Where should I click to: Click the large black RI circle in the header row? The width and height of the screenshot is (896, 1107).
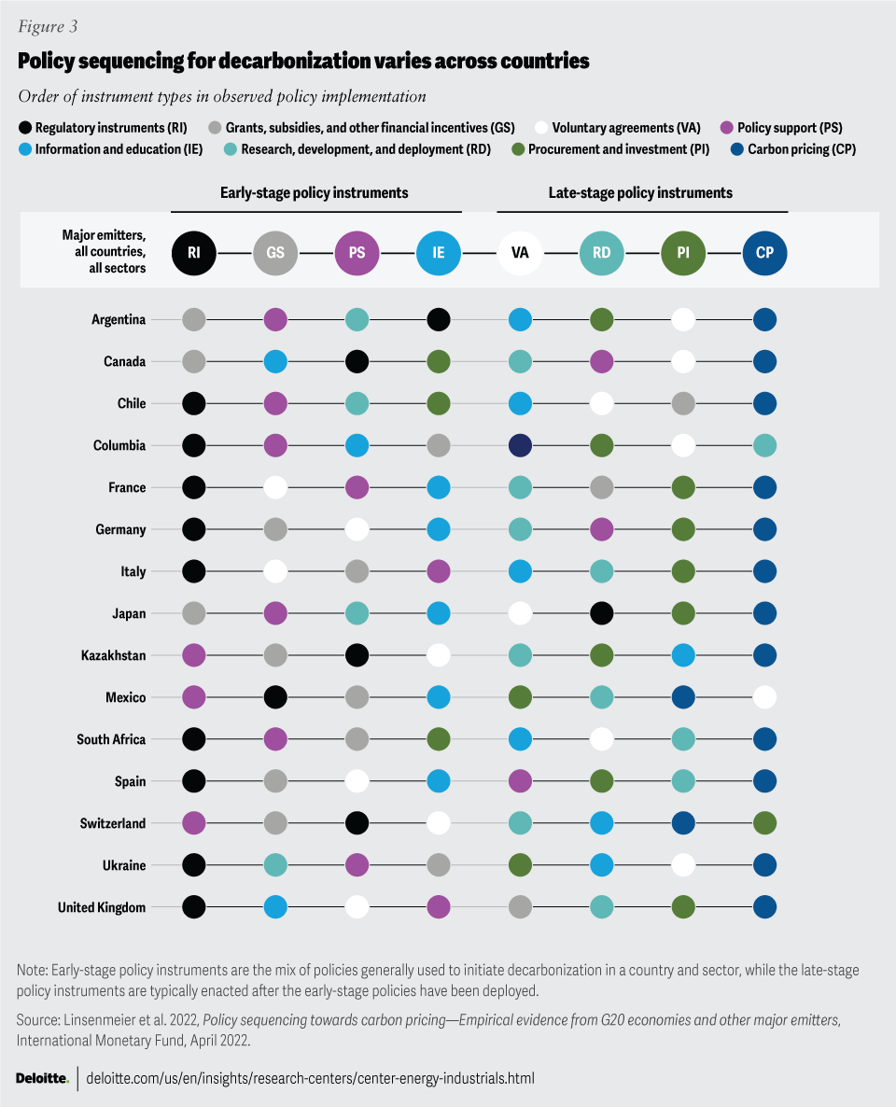pyautogui.click(x=194, y=251)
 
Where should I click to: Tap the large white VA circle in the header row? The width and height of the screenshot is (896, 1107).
pyautogui.click(x=520, y=251)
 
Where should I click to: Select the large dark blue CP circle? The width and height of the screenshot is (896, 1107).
pyautogui.click(x=764, y=251)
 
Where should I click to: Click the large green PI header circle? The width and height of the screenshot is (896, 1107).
pyautogui.click(x=683, y=251)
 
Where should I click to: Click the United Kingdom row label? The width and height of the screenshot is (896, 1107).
pyautogui.click(x=102, y=907)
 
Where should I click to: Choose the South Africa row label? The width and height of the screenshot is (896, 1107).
pyautogui.click(x=111, y=739)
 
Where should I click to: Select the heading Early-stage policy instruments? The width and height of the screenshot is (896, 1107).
pyautogui.click(x=314, y=193)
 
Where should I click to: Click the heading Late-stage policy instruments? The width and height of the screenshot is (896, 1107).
pyautogui.click(x=639, y=193)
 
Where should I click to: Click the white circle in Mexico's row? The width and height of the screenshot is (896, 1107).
pyautogui.click(x=764, y=697)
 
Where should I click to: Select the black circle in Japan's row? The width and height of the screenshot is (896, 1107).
pyautogui.click(x=602, y=613)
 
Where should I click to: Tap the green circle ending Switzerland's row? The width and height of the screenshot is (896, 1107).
pyautogui.click(x=764, y=823)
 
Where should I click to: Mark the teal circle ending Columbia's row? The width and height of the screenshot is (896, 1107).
pyautogui.click(x=764, y=445)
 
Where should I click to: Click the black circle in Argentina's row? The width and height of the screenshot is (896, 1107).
pyautogui.click(x=439, y=319)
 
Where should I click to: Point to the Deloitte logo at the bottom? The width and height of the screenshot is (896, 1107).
pyautogui.click(x=42, y=1078)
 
